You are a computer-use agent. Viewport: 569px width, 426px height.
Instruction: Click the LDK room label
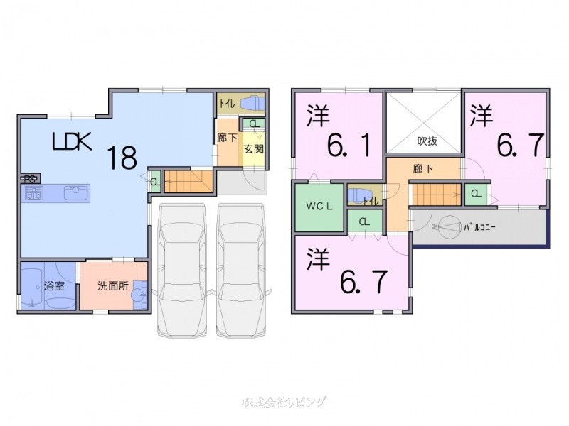coord(73,142)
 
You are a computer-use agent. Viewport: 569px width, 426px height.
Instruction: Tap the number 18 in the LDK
coord(122,157)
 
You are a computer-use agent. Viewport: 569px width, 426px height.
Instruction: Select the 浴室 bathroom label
coord(54,288)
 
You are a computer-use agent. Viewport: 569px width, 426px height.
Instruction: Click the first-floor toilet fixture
coord(252,104)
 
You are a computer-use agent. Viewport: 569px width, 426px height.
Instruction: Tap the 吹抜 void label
coord(427,140)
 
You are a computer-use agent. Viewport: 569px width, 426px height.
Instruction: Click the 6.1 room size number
coord(349,147)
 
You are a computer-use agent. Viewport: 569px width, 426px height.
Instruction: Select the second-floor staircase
coord(436,192)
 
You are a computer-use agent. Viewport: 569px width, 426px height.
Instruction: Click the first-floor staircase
coord(189,181)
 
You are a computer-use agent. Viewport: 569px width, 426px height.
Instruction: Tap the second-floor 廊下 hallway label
coord(423,169)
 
